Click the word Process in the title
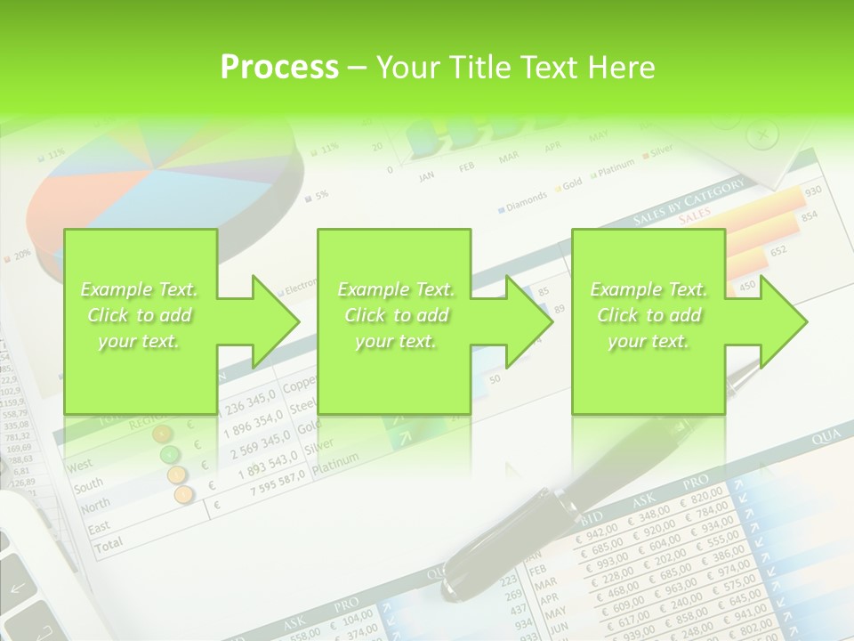279,68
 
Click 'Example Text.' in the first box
140,289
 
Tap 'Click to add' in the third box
649,315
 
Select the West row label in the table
80,465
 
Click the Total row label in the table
109,545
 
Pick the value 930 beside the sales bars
812,192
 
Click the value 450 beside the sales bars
748,286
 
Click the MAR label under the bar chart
509,158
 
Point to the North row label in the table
94,506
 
